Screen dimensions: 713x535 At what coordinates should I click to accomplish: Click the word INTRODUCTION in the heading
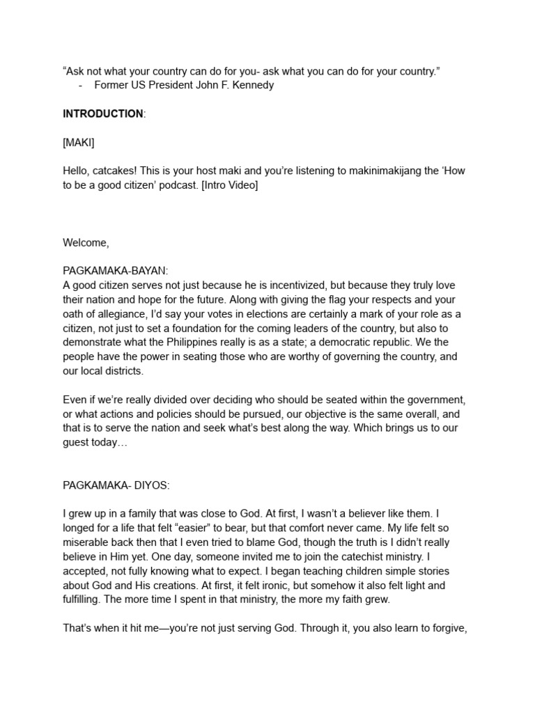tap(102, 113)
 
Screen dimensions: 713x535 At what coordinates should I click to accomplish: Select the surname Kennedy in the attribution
tap(250, 85)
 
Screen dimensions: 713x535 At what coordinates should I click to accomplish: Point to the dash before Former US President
tap(82, 85)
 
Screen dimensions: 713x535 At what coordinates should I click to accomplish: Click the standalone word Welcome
tap(86, 242)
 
